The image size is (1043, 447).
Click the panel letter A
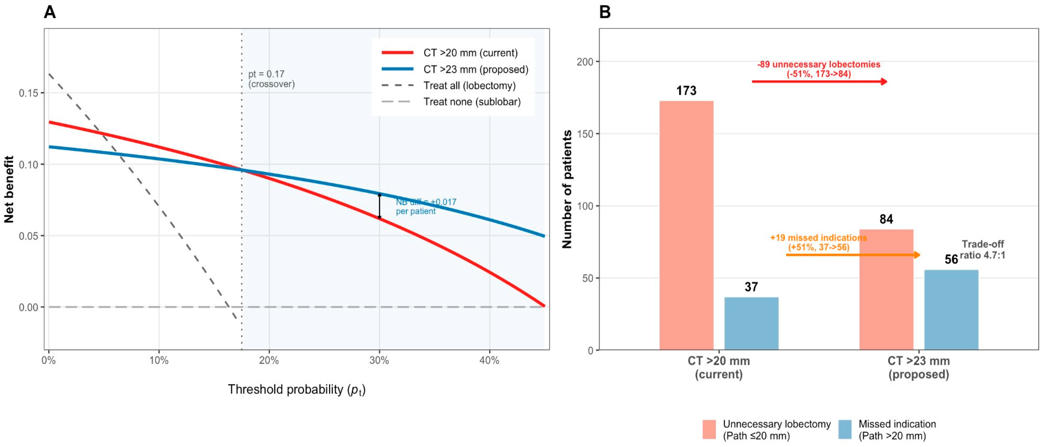(x=50, y=12)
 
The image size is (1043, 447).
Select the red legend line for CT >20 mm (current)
(x=397, y=53)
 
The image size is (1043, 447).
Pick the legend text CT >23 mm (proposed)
(x=476, y=69)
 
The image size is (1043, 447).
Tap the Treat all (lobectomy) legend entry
(x=469, y=86)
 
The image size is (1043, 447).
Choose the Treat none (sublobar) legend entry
(x=472, y=102)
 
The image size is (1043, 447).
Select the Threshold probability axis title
(x=296, y=390)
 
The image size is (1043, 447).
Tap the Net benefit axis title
(x=9, y=189)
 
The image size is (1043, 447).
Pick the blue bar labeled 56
(x=951, y=310)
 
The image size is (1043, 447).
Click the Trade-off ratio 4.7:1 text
(x=983, y=250)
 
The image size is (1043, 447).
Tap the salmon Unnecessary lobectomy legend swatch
(x=709, y=430)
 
